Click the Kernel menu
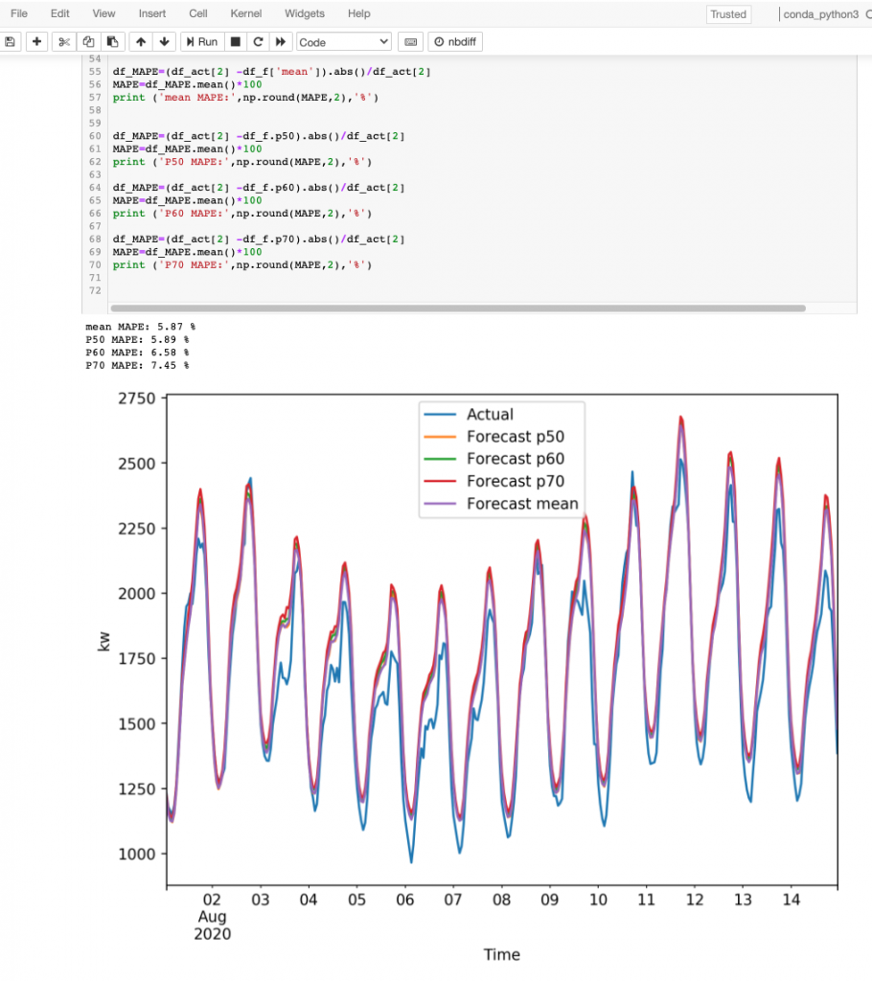point(245,13)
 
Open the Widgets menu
point(304,13)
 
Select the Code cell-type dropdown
point(344,42)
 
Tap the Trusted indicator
point(728,14)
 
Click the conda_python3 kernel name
point(820,14)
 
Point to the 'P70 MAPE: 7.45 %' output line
point(137,365)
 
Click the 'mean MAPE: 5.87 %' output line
point(140,327)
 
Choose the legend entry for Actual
point(490,415)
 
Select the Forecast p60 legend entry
point(514,459)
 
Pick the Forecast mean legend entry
point(522,504)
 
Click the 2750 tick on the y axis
point(137,399)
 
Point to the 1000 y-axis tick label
point(137,854)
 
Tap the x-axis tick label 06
point(405,901)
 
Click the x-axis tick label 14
point(791,901)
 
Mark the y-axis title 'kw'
point(104,641)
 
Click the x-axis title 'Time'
point(501,954)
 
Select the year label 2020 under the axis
point(212,934)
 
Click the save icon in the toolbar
point(11,42)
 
